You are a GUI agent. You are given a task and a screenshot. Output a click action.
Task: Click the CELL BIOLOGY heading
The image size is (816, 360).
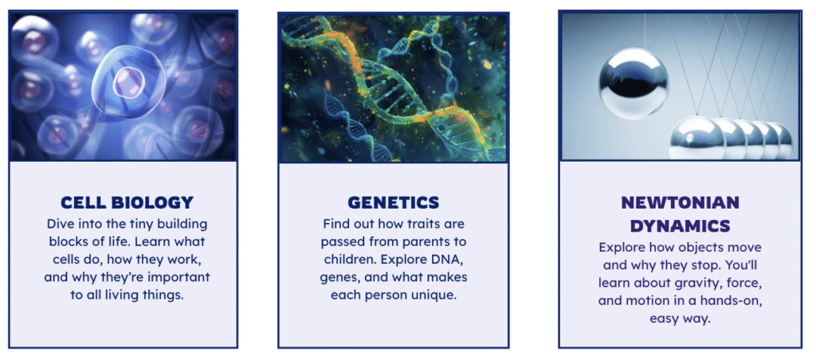click(127, 202)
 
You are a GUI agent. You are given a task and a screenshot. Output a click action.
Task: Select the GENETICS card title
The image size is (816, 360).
click(394, 202)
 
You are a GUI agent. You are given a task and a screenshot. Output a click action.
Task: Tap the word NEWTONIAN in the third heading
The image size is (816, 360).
click(681, 202)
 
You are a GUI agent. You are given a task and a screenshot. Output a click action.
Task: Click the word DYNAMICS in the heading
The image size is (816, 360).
click(681, 225)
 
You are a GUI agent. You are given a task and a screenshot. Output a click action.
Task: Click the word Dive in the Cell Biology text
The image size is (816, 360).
click(58, 225)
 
